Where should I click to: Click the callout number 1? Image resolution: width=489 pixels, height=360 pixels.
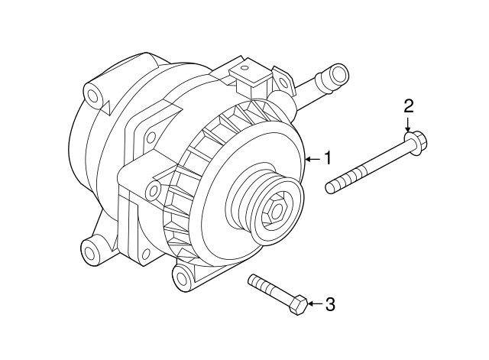[327, 158]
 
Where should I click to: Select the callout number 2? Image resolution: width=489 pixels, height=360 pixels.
[409, 105]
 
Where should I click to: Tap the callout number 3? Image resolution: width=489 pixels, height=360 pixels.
[330, 304]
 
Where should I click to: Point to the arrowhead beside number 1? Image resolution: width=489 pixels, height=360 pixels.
[308, 159]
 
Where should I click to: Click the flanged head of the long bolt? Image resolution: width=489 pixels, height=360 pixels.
[414, 141]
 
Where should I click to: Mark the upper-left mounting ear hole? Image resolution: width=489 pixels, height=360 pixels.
[93, 96]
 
